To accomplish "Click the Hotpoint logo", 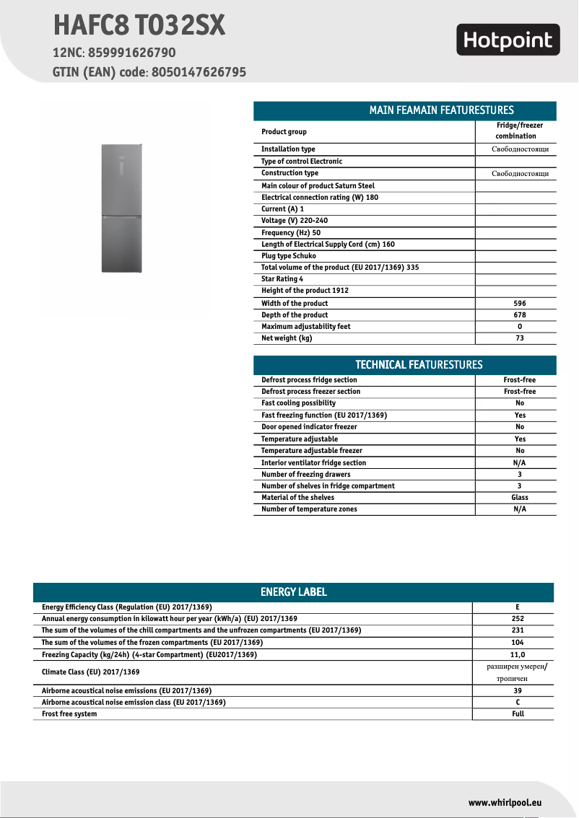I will click(x=508, y=40).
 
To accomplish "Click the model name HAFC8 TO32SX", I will click(x=139, y=27).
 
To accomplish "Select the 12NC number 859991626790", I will click(x=131, y=53).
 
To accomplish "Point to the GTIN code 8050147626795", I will click(x=199, y=72).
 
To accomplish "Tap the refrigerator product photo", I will click(x=123, y=208).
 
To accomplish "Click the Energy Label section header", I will click(x=293, y=592).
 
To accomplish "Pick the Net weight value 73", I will click(x=515, y=338).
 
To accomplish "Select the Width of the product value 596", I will click(x=515, y=304).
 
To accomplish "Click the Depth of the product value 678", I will click(x=515, y=315).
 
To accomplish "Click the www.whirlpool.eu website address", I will click(x=505, y=803).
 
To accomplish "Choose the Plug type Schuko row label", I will click(x=289, y=256).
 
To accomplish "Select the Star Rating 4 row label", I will click(x=282, y=279).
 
